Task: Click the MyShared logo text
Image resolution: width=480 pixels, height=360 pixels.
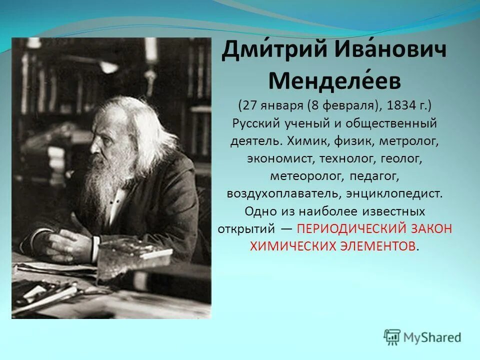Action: tap(433, 337)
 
